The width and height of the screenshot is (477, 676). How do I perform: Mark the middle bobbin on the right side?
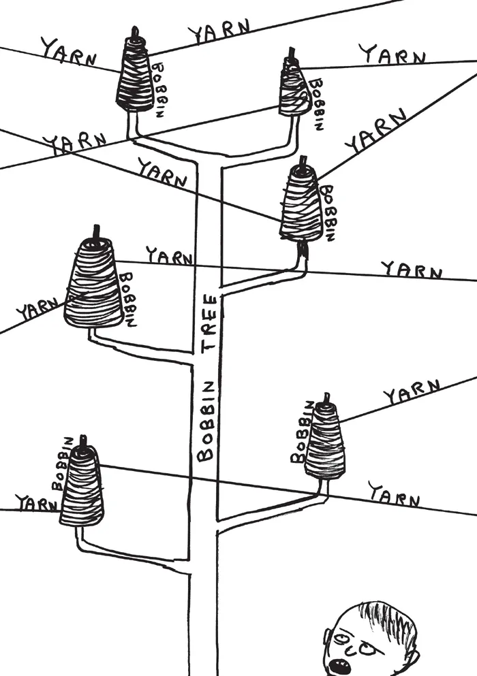pos(301,202)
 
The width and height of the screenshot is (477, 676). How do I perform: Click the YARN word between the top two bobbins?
pos(218,30)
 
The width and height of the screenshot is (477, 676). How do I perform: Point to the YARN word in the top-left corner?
pos(68,52)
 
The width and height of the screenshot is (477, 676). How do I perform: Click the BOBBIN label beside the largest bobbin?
pos(129,299)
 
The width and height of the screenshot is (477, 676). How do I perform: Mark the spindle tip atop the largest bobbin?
pos(96,231)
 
